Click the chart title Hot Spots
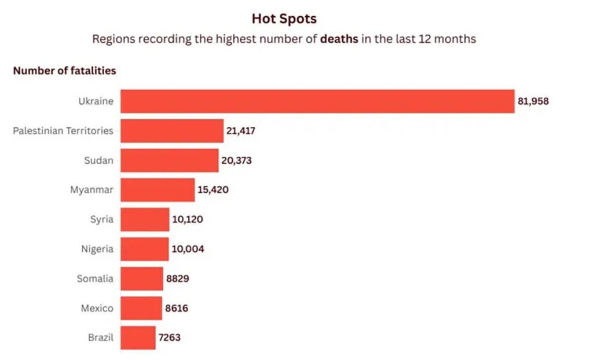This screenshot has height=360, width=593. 284,19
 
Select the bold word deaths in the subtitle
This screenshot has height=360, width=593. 339,40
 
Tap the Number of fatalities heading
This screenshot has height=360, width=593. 64,71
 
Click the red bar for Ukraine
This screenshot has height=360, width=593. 317,101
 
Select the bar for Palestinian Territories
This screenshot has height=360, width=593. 172,131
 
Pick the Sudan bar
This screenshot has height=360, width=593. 170,160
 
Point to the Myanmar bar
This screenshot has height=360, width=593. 158,190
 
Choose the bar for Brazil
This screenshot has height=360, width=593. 138,337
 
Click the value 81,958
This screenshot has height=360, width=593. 533,101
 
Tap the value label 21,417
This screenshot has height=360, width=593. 241,131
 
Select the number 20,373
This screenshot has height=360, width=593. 236,160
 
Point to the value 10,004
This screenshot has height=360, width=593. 188,249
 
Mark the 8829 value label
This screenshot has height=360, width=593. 177,279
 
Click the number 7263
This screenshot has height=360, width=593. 171,337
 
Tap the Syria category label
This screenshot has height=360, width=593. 101,219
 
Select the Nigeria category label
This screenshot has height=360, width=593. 97,249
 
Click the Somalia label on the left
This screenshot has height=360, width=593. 95,279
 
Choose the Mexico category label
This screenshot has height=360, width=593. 97,308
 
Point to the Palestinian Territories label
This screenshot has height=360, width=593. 63,131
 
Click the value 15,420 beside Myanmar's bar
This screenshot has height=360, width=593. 213,190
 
